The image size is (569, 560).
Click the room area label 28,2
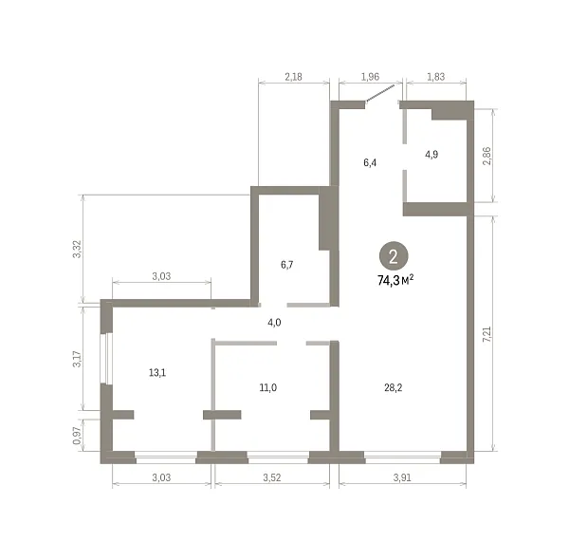[393, 388]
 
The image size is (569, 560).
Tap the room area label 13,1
[157, 373]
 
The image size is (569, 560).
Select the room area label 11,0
[267, 388]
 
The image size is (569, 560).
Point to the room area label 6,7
[286, 265]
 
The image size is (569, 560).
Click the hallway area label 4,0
[274, 323]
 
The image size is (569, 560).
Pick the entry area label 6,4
[370, 162]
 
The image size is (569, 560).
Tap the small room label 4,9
[431, 155]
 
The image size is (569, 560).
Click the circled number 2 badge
[394, 256]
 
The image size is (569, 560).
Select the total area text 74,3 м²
[395, 281]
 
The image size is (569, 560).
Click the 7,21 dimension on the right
[486, 334]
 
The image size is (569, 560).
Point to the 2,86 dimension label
[486, 156]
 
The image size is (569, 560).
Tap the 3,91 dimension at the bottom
[402, 477]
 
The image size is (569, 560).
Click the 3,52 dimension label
[272, 477]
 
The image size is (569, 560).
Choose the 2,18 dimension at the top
[293, 77]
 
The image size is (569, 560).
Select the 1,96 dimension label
[370, 77]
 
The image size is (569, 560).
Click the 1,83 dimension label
[436, 77]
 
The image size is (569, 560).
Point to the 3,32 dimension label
[77, 249]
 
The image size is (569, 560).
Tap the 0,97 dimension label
[77, 436]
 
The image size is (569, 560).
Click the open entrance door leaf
[380, 94]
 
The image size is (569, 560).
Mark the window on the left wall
[106, 358]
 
